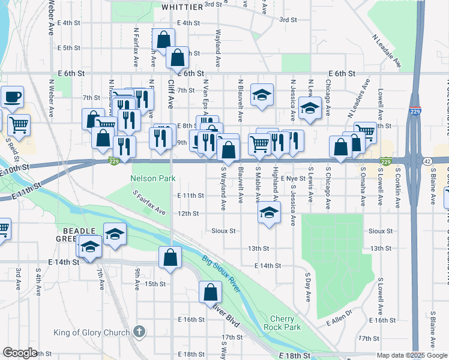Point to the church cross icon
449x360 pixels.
(x=139, y=332)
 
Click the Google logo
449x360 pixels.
(x=20, y=353)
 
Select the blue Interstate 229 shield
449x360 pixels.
(x=415, y=111)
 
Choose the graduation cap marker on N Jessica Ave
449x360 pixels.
(x=310, y=107)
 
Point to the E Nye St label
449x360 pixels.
(x=293, y=178)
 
